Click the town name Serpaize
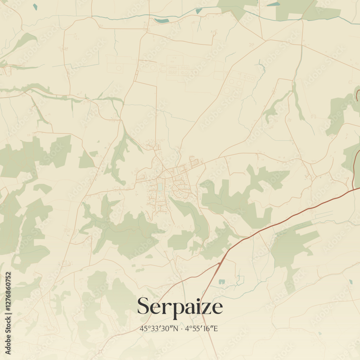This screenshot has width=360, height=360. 180,307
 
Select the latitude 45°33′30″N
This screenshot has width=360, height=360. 159,329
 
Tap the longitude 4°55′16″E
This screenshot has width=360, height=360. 202,329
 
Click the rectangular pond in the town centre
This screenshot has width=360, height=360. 160,187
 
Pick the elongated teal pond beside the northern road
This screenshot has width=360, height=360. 162,21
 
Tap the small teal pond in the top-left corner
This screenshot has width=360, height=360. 35,6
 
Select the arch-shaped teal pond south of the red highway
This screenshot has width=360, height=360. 221,282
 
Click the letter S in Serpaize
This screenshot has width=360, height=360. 143,306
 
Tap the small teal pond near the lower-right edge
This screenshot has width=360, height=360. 351,282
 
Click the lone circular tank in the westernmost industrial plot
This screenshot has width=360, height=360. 119,68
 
